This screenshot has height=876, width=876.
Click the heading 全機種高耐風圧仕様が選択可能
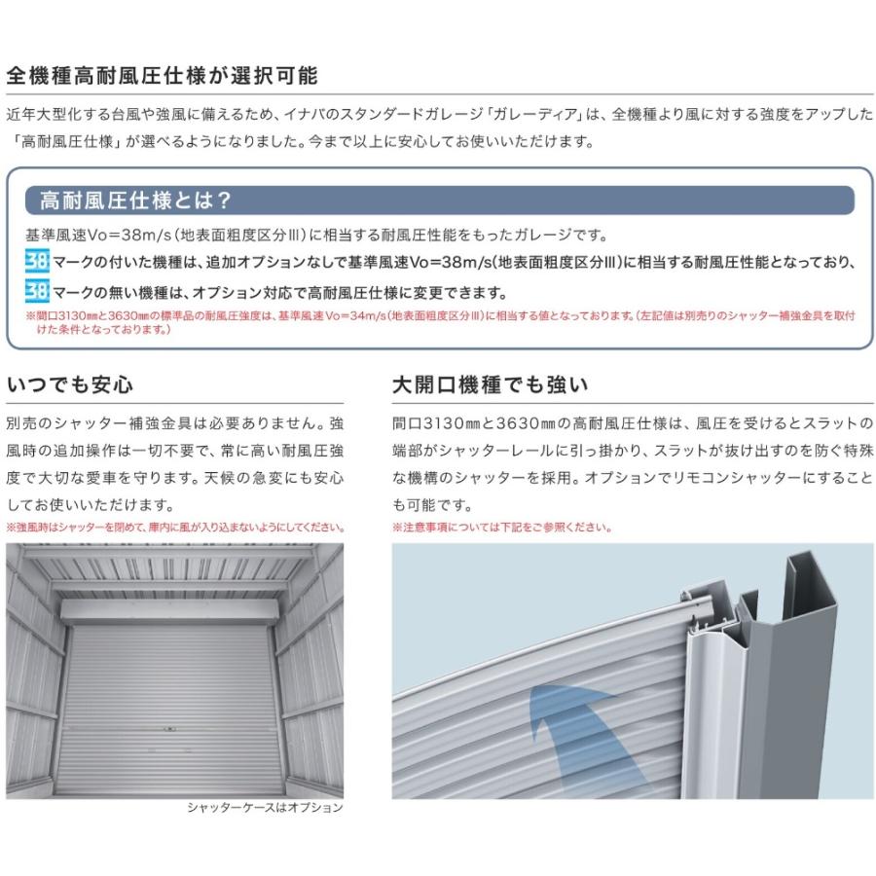162,76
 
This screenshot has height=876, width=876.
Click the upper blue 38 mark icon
37,263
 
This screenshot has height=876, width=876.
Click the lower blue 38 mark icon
37,292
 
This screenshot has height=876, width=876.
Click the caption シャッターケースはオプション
264,807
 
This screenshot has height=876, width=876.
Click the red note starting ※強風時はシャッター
174,528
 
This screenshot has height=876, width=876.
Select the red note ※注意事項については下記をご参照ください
502,528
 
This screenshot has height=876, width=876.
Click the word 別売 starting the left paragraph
20,424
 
